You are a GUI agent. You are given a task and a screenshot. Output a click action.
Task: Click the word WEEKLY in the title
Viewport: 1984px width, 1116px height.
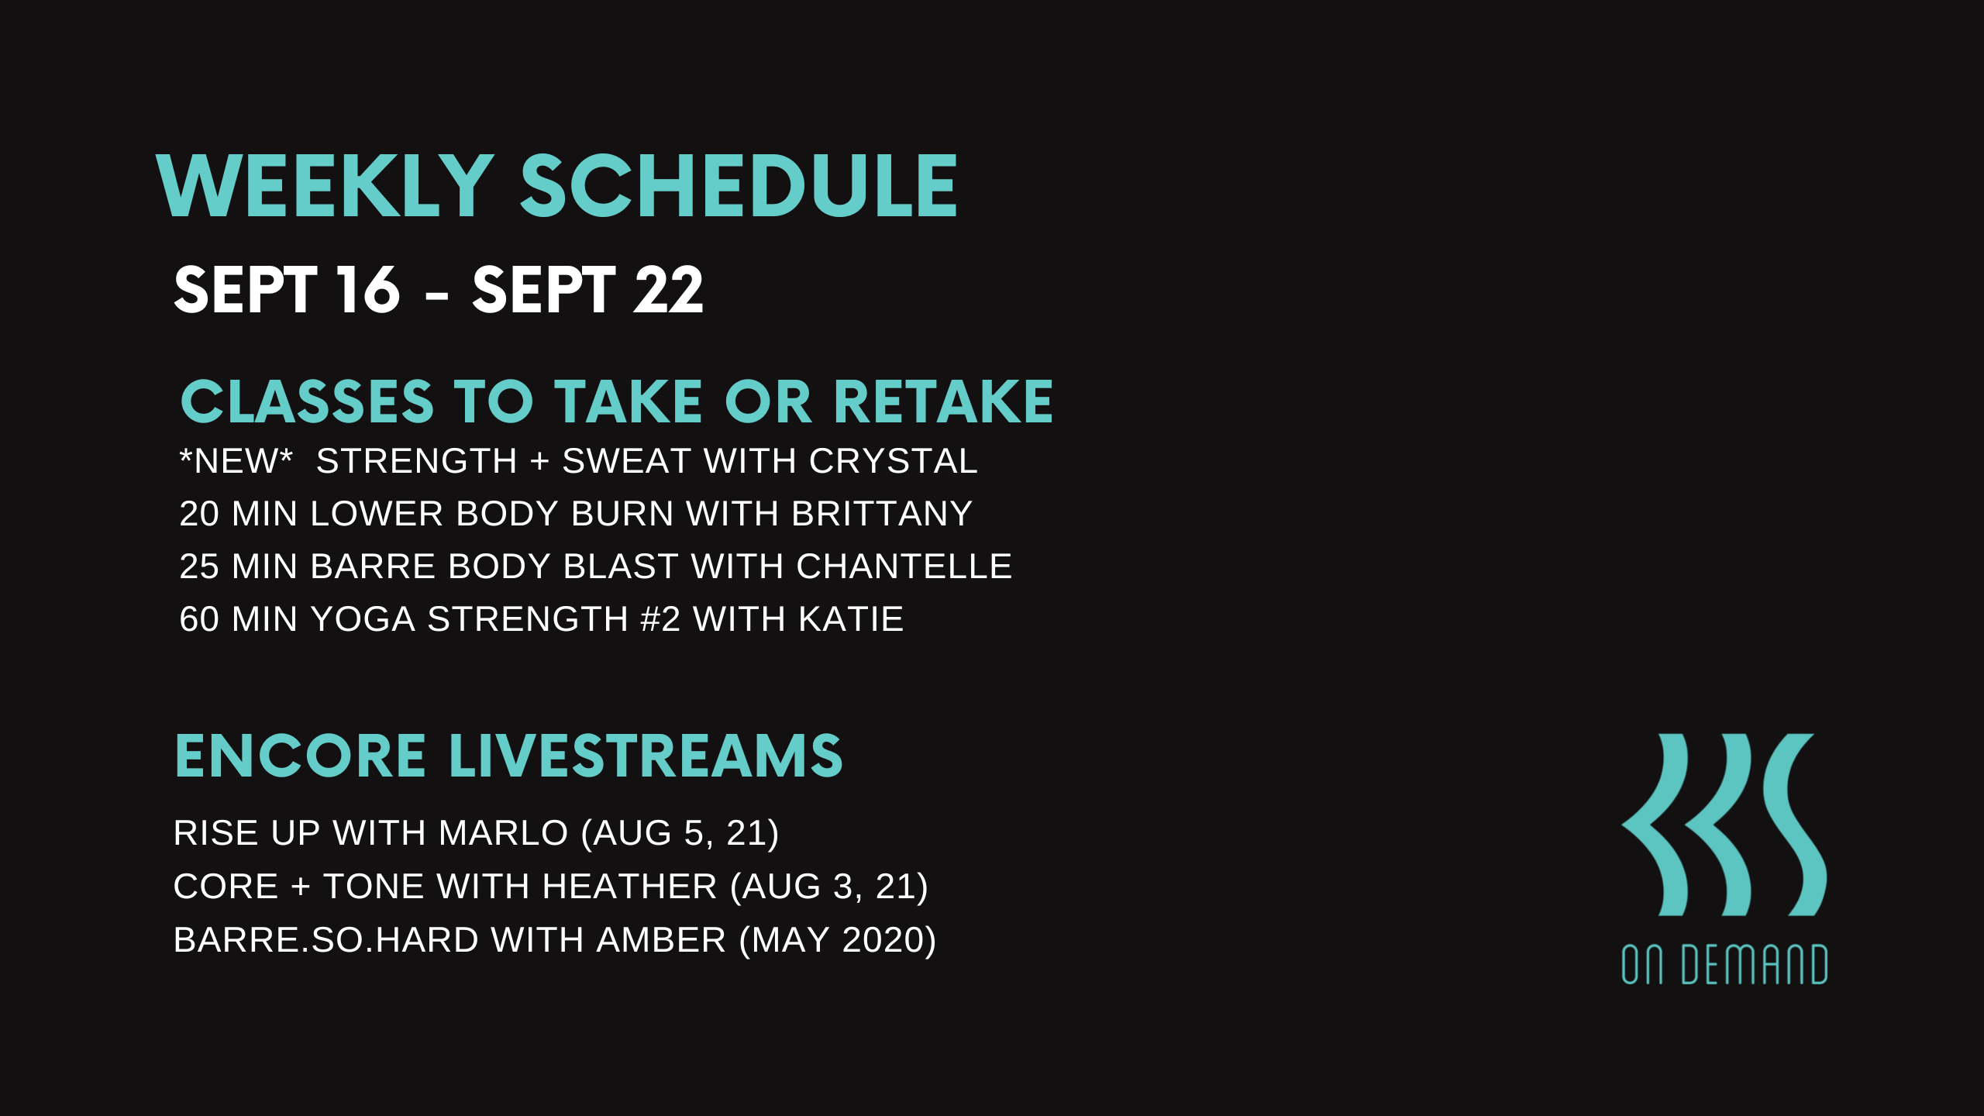tap(325, 186)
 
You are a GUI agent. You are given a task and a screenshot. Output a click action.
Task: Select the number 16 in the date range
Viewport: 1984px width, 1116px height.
tap(368, 290)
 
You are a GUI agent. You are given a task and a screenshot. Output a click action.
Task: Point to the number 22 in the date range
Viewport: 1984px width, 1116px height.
tap(668, 290)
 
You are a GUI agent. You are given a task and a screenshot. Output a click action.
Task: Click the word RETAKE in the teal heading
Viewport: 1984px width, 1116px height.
tap(943, 402)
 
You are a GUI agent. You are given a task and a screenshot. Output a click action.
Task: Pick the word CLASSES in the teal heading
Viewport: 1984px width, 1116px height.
tap(307, 402)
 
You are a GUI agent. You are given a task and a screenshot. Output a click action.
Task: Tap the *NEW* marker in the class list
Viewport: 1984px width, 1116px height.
tap(236, 461)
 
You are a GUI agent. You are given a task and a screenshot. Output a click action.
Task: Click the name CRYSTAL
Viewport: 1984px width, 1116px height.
tap(894, 461)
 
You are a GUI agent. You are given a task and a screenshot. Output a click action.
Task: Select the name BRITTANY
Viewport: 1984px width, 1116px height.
tap(882, 514)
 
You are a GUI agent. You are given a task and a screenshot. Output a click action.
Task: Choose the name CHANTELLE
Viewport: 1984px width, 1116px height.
tap(904, 567)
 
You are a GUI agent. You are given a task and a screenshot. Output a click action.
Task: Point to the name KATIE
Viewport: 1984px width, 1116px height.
tap(851, 619)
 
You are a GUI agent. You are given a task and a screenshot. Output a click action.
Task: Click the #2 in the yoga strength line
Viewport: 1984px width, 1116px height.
tap(660, 619)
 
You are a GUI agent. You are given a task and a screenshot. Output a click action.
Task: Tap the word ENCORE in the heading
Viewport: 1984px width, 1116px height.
tap(301, 756)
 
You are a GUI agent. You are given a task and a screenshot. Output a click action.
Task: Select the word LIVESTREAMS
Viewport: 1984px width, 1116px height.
tap(646, 756)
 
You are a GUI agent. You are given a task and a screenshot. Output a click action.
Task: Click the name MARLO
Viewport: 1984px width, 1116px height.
tap(503, 833)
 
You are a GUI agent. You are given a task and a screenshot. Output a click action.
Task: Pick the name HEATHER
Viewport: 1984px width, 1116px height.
tap(629, 887)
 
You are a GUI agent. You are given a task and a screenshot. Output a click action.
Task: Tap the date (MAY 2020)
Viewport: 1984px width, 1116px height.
tap(838, 940)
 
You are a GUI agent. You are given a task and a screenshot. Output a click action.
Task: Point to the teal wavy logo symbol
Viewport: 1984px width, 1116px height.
tap(1724, 825)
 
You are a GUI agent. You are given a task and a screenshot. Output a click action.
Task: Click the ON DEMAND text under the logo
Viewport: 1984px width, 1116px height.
tap(1724, 964)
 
